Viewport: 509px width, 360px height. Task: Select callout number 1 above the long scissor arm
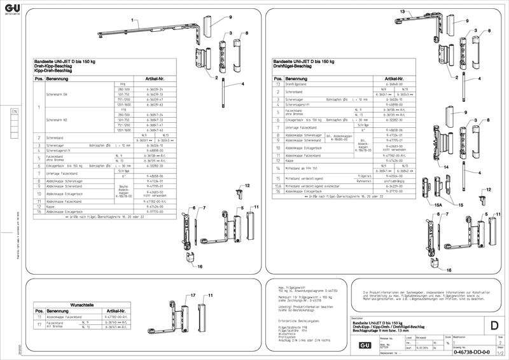pos(134,21)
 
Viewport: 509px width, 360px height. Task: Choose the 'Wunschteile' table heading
pos(81,305)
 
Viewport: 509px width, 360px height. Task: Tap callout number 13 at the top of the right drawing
pos(402,13)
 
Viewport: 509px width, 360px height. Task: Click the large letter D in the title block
pos(494,326)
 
